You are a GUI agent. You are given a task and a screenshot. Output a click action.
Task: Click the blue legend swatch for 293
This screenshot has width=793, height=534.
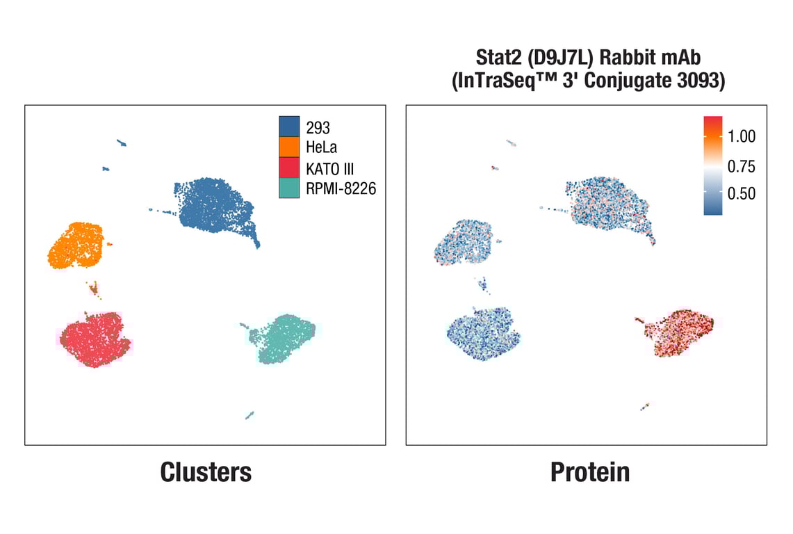[289, 127]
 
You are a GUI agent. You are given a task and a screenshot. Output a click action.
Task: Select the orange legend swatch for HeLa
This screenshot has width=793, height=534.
[289, 147]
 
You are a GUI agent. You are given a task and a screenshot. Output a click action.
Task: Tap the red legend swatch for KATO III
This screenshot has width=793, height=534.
[289, 168]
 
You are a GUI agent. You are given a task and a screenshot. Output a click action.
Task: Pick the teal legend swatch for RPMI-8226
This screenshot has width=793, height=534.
[289, 188]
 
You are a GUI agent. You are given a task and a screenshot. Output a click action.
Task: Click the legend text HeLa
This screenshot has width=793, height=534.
[321, 147]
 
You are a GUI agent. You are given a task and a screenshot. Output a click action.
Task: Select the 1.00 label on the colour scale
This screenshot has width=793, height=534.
[742, 136]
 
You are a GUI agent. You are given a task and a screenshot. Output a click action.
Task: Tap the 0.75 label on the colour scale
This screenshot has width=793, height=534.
[742, 166]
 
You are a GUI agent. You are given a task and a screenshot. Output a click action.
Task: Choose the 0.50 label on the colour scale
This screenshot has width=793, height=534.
[742, 193]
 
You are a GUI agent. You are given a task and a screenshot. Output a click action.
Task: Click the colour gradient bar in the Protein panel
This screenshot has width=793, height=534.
[713, 165]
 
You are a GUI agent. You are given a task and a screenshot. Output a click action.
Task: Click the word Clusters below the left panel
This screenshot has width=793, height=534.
[206, 472]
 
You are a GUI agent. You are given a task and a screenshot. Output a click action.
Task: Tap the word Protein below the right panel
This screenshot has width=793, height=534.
[590, 472]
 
